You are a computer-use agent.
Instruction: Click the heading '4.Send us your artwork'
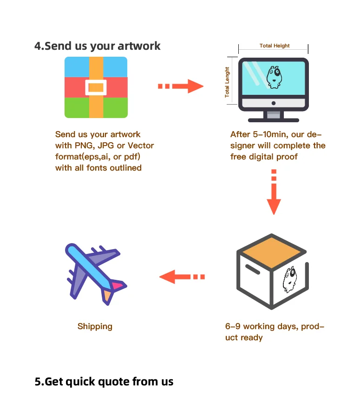tap(98, 46)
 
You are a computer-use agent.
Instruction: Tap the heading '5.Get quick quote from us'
tap(104, 382)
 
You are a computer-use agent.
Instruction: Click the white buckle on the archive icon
tap(96, 87)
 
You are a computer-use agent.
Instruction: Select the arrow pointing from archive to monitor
tap(181, 86)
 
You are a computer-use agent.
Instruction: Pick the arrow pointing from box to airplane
tap(182, 277)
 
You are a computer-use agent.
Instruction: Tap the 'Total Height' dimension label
tap(275, 46)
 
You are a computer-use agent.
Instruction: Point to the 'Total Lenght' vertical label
tap(227, 82)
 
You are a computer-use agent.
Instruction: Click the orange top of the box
tap(272, 249)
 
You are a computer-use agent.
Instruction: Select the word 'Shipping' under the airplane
tap(95, 326)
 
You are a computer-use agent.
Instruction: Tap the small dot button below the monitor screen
tap(273, 103)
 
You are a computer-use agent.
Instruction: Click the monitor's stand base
tap(273, 118)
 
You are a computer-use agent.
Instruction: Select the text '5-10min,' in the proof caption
tap(267, 135)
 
